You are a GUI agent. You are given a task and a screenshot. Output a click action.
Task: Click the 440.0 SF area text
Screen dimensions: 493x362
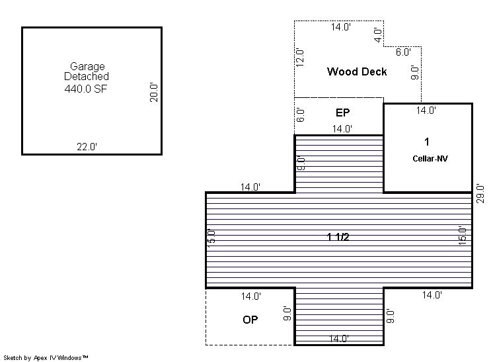pos(85,89)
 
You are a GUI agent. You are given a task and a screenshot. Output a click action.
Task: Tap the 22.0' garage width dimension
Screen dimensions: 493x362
pos(87,147)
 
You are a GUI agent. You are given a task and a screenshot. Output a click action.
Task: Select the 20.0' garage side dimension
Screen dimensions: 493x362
pos(153,92)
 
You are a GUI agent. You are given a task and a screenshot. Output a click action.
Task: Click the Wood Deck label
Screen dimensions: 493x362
pos(357,71)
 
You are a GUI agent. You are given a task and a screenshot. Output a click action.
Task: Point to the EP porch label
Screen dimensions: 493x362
pos(343,113)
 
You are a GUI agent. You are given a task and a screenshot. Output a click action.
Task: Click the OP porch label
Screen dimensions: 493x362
pos(250,320)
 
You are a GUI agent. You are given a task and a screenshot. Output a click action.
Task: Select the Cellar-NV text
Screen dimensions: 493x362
pos(430,158)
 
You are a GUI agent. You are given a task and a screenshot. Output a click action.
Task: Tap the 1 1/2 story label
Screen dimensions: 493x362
pos(338,236)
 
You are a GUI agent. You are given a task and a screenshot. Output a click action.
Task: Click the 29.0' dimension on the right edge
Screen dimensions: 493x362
pos(480,194)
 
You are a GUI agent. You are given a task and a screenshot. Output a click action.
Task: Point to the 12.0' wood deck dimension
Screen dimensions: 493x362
pos(299,58)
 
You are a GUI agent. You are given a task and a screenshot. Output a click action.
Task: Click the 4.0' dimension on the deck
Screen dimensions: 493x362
pos(378,35)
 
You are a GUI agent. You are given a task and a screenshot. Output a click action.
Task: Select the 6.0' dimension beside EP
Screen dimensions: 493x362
pos(300,115)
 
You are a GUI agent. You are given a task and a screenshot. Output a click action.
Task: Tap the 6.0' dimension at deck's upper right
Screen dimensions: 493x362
pos(403,52)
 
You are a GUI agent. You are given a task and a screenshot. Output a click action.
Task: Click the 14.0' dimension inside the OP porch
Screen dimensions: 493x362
pos(251,296)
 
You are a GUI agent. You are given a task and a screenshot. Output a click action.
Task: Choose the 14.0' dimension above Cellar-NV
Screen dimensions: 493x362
pos(426,110)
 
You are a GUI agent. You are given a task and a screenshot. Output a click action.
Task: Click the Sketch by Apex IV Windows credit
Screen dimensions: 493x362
pos(46,357)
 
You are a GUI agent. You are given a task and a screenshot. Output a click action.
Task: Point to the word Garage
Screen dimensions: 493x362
pos(87,66)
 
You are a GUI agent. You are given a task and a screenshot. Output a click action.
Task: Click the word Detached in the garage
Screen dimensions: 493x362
pos(87,76)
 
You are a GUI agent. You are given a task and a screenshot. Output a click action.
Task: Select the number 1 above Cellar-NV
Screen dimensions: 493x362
pos(427,142)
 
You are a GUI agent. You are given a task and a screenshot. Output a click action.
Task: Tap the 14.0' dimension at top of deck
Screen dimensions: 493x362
pos(341,26)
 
